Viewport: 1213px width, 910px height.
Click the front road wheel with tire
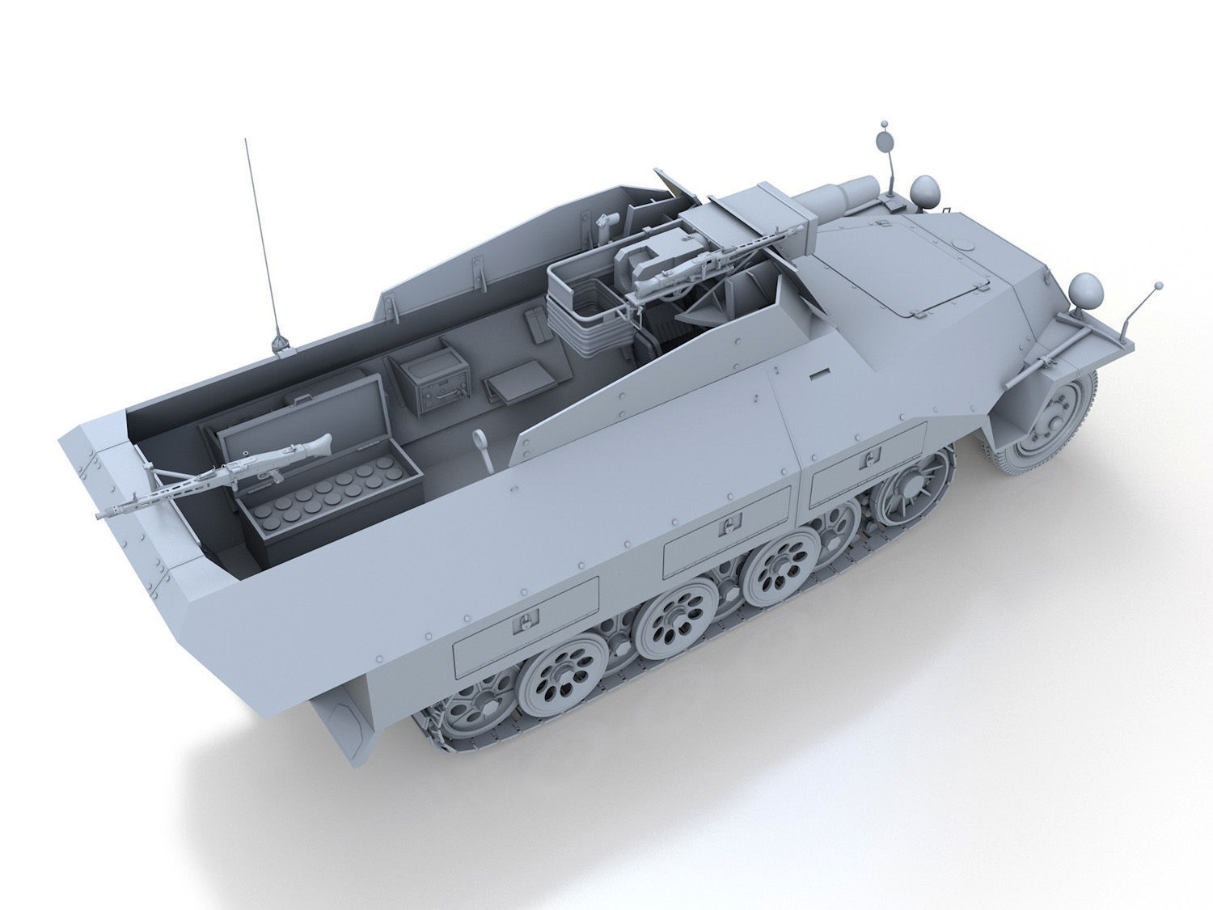click(1045, 421)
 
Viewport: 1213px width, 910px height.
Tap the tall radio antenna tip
click(246, 141)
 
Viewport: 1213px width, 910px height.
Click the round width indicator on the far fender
click(886, 140)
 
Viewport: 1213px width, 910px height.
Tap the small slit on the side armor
click(819, 375)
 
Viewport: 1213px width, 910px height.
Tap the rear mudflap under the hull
click(344, 725)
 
